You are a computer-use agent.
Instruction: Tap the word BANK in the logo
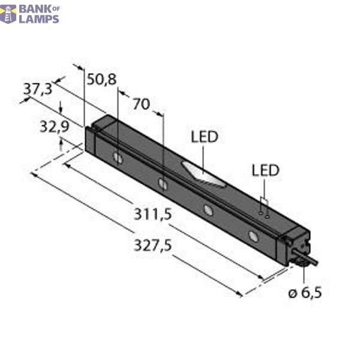(x=34, y=8)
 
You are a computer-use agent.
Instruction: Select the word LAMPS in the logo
(x=40, y=19)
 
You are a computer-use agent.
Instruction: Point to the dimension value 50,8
(x=101, y=79)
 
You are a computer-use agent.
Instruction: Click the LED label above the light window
(x=204, y=137)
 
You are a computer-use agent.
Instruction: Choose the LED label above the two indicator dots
(x=265, y=170)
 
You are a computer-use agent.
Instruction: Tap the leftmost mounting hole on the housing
(x=119, y=158)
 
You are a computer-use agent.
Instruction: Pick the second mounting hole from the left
(x=162, y=183)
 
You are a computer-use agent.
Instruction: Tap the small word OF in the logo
(x=55, y=7)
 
